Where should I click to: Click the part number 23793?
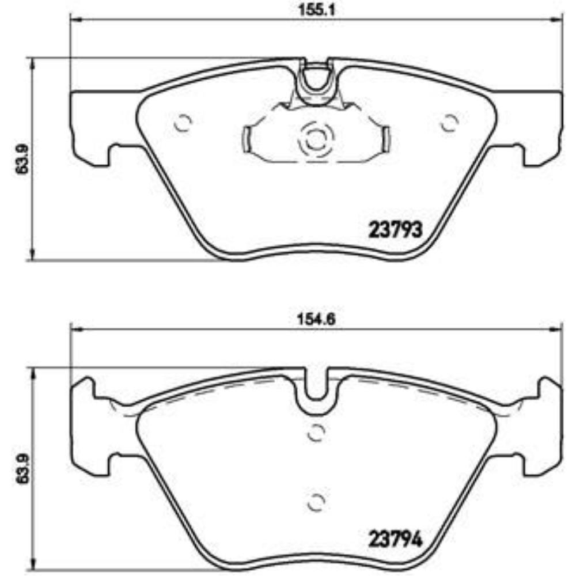click(395, 230)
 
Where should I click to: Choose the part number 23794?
click(395, 541)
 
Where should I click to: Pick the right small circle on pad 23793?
click(449, 122)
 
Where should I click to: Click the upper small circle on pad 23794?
click(315, 432)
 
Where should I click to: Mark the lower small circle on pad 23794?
click(315, 502)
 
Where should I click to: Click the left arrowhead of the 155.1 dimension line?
click(75, 20)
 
